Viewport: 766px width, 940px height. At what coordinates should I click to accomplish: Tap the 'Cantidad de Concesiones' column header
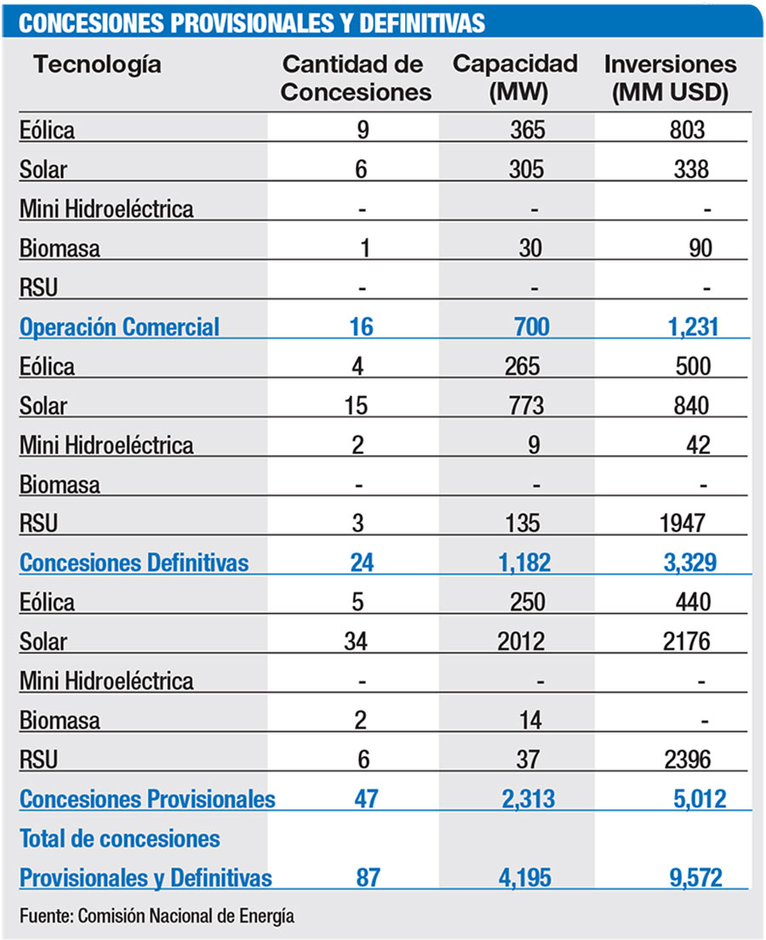pos(356,78)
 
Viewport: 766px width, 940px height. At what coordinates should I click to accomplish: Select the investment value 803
pos(689,130)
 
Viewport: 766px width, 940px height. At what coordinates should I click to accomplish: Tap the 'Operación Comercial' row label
pos(119,327)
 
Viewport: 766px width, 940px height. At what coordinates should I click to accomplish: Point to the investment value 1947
pos(681,523)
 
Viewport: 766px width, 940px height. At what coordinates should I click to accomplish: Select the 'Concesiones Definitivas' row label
pos(134,562)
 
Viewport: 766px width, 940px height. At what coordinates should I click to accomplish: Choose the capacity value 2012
pos(521,641)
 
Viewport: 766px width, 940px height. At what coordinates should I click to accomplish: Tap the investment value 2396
pos(681,760)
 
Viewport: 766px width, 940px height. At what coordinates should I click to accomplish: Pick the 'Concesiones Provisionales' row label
pos(147,800)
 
